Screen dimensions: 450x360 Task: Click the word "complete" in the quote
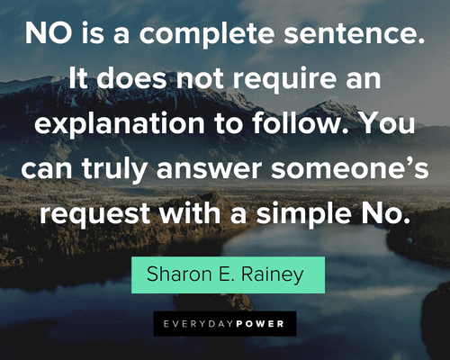coord(207,34)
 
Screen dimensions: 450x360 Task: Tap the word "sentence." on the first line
coord(355,34)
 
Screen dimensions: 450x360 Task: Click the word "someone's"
coord(350,168)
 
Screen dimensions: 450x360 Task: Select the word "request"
coord(94,214)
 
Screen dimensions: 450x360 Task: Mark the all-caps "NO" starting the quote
coord(49,33)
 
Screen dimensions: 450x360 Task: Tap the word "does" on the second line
coord(131,77)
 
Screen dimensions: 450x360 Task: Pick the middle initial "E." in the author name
coord(227,274)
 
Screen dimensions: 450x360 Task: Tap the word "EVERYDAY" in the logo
coord(199,324)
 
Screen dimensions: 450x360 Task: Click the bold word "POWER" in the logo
coord(260,324)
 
